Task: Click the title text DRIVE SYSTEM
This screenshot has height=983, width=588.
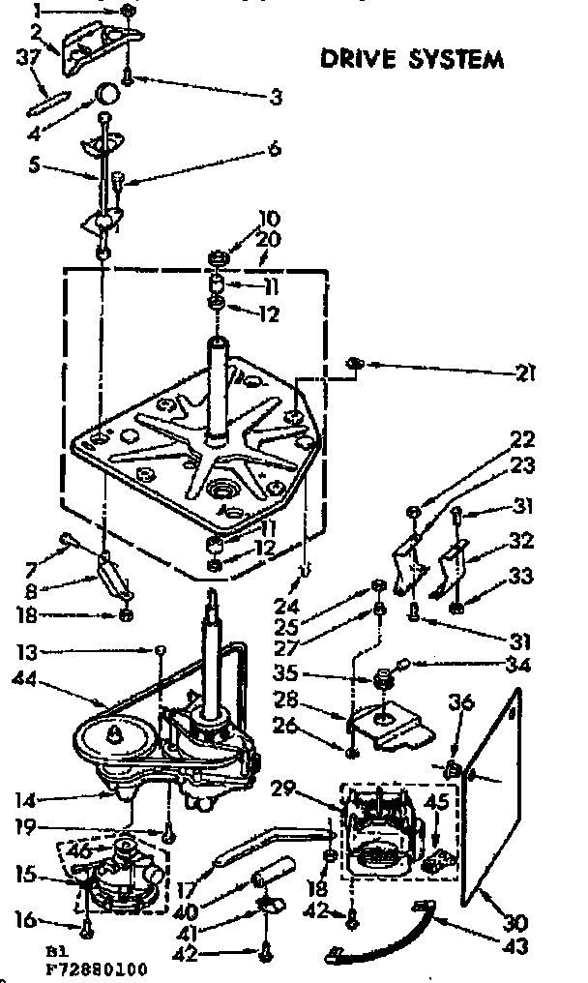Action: (412, 59)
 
